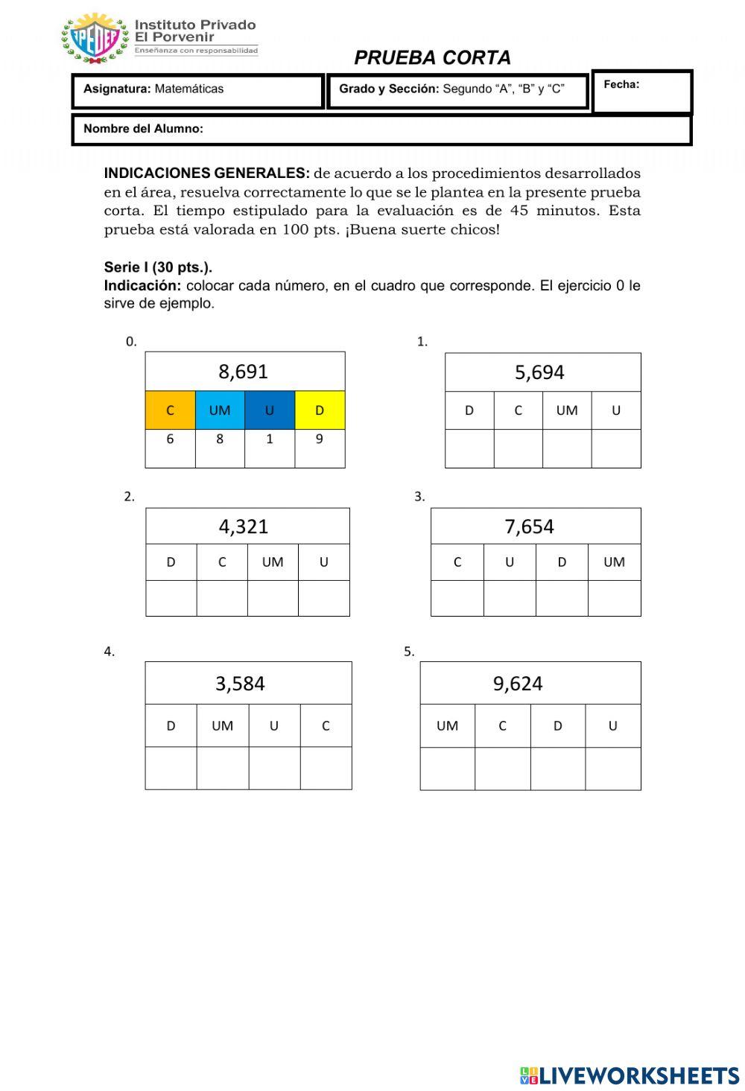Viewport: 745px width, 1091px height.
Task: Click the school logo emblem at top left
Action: tap(95, 37)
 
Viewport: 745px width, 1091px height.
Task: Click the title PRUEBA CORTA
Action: tap(432, 57)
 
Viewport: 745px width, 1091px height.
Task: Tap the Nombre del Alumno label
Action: tap(143, 129)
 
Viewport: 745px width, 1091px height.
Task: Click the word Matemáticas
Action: tap(189, 89)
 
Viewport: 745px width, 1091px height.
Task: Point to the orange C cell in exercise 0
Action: tap(170, 410)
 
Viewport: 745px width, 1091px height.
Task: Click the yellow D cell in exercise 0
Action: tap(320, 410)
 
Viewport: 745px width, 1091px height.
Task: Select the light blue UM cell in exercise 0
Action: tap(220, 410)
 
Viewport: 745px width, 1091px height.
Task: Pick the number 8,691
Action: tap(243, 371)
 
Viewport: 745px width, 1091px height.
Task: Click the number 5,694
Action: tap(539, 372)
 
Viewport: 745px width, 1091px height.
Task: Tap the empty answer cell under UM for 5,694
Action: tap(567, 449)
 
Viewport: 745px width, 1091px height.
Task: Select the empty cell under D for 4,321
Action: tap(171, 599)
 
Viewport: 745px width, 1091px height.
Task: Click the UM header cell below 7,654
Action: tap(614, 562)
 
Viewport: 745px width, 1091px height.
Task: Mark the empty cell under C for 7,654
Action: tap(457, 599)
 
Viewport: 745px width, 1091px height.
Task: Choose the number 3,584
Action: tap(240, 683)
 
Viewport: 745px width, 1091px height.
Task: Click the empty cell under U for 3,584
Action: tap(274, 768)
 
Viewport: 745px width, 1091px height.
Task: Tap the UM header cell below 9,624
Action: tap(447, 726)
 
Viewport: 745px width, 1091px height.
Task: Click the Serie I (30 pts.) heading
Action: tap(158, 267)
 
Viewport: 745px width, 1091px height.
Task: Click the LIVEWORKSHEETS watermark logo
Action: tap(630, 1075)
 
